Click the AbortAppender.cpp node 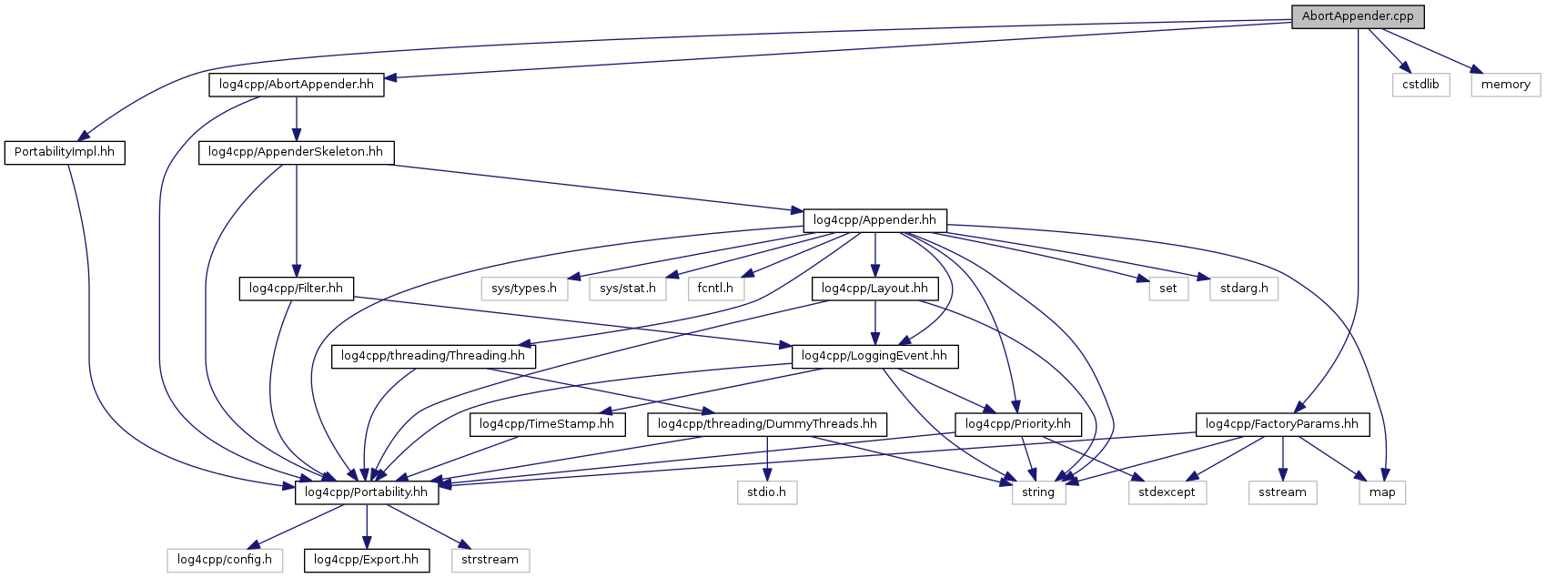tap(1358, 16)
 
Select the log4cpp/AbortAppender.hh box tap(297, 85)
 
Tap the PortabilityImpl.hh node tap(65, 152)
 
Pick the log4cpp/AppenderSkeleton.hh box tap(296, 152)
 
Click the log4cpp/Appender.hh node tap(874, 220)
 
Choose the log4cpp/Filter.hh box tap(296, 289)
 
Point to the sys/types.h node tap(524, 289)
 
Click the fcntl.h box tap(716, 289)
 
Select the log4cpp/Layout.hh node tap(874, 289)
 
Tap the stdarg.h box tap(1244, 289)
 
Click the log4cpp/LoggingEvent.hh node tap(874, 356)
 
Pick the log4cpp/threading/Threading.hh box tap(433, 356)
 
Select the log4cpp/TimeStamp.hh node tap(547, 424)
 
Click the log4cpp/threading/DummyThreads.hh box tap(767, 424)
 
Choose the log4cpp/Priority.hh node tap(1018, 424)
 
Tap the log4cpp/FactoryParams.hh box tap(1282, 424)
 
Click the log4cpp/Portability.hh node tap(366, 492)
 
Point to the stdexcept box tap(1167, 492)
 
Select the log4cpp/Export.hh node tap(366, 560)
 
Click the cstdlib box tap(1420, 85)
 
